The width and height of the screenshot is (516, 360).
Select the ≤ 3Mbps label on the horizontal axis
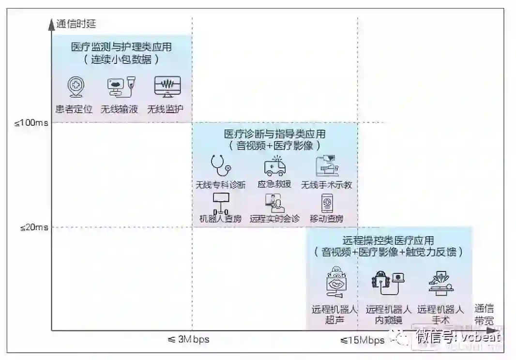pos(189,339)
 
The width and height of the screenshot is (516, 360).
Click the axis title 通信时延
pos(76,24)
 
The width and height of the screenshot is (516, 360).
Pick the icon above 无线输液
pos(120,87)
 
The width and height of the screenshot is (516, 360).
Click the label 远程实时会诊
pos(274,218)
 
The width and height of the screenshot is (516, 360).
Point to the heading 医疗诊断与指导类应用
pos(274,134)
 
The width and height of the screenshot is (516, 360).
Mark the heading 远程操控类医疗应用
pos(388,240)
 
